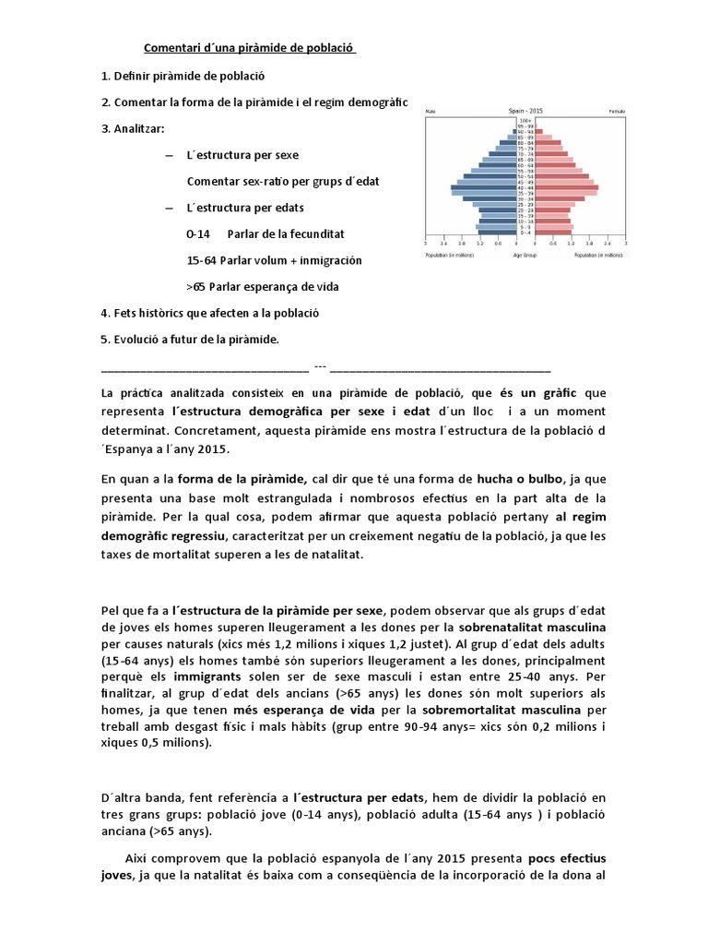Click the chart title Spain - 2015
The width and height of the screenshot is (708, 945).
525,111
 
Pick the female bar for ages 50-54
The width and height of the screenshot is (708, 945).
562,176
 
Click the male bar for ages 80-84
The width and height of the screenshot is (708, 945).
506,143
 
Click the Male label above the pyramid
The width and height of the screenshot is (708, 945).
430,111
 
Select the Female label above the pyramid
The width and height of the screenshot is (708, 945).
617,111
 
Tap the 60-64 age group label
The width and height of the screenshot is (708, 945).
525,165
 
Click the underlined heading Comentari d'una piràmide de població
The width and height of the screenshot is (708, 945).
249,48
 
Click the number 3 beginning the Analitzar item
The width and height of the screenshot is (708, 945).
104,128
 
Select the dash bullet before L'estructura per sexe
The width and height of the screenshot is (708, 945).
168,155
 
